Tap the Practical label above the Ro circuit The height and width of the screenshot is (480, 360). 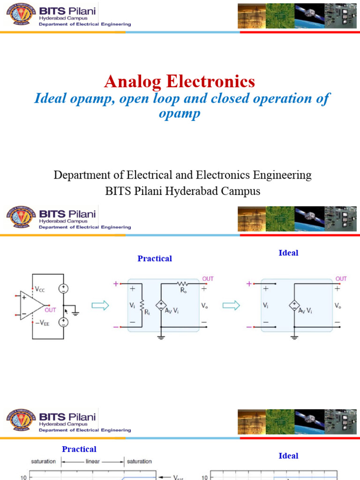pyautogui.click(x=155, y=258)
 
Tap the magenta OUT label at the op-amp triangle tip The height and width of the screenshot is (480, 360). pyautogui.click(x=51, y=310)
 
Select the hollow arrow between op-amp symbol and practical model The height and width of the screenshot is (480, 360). pyautogui.click(x=100, y=306)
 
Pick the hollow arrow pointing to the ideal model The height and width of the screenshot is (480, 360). pyautogui.click(x=231, y=306)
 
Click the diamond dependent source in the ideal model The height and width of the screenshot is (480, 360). pyautogui.click(x=294, y=306)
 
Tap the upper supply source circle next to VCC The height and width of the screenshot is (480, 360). pyautogui.click(x=63, y=289)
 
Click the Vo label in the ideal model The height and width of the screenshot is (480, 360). pyautogui.click(x=338, y=305)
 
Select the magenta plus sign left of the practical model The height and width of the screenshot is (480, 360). pyautogui.click(x=116, y=284)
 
